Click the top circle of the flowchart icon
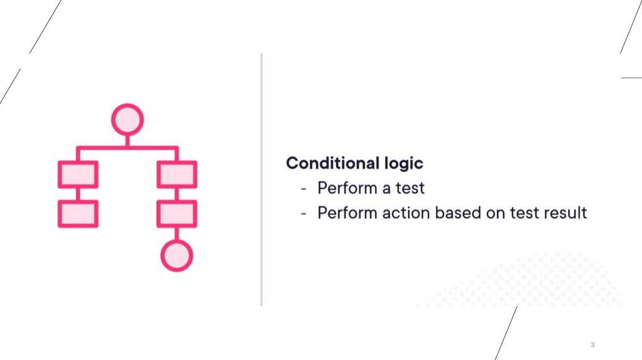pos(127,119)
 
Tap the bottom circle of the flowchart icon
pos(177,255)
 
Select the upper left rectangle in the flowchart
pos(78,174)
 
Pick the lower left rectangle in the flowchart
pos(78,214)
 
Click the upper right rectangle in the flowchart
pos(177,174)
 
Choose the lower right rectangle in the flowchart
pos(177,214)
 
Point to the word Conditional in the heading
pos(331,163)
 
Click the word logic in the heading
pos(403,164)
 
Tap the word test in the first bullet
pos(410,188)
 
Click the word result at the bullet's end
pos(564,213)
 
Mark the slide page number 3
pos(592,346)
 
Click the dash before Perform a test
pos(304,189)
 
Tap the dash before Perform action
pos(304,213)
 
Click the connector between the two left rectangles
pos(78,194)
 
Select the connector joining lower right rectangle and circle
pos(177,233)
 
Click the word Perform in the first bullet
pos(345,188)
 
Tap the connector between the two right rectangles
pos(177,194)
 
